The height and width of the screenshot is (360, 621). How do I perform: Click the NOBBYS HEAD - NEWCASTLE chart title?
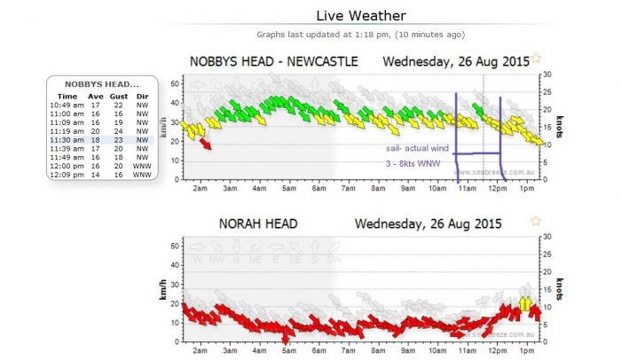(274, 61)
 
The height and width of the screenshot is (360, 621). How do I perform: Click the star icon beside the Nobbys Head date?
(536, 59)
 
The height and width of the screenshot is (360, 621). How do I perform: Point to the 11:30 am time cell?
(67, 139)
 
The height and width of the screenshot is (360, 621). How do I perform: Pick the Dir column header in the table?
(141, 96)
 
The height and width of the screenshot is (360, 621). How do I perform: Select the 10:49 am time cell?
(67, 105)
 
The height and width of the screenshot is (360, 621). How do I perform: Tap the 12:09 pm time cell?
(67, 175)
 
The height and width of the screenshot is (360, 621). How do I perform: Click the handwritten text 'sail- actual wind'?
(418, 148)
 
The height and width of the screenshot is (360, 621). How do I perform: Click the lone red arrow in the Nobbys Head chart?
(206, 144)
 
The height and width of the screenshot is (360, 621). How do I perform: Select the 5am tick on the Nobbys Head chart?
(288, 188)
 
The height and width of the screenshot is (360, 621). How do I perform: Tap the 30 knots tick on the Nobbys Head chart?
(546, 74)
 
